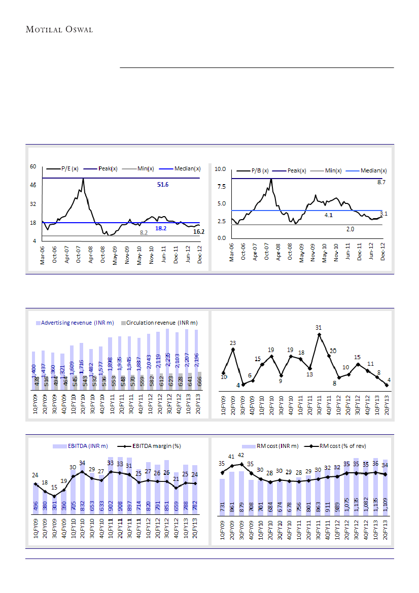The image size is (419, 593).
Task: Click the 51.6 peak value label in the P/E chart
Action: pyautogui.click(x=163, y=185)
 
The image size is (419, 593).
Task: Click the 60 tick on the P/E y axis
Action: pyautogui.click(x=33, y=166)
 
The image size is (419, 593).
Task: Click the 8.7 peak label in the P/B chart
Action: pyautogui.click(x=381, y=182)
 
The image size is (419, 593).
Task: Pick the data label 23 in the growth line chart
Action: pyautogui.click(x=233, y=343)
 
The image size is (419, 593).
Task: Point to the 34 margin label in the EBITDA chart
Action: pyautogui.click(x=82, y=463)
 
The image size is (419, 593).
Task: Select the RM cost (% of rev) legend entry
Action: pyautogui.click(x=342, y=446)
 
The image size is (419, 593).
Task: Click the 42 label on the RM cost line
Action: pyautogui.click(x=241, y=456)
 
